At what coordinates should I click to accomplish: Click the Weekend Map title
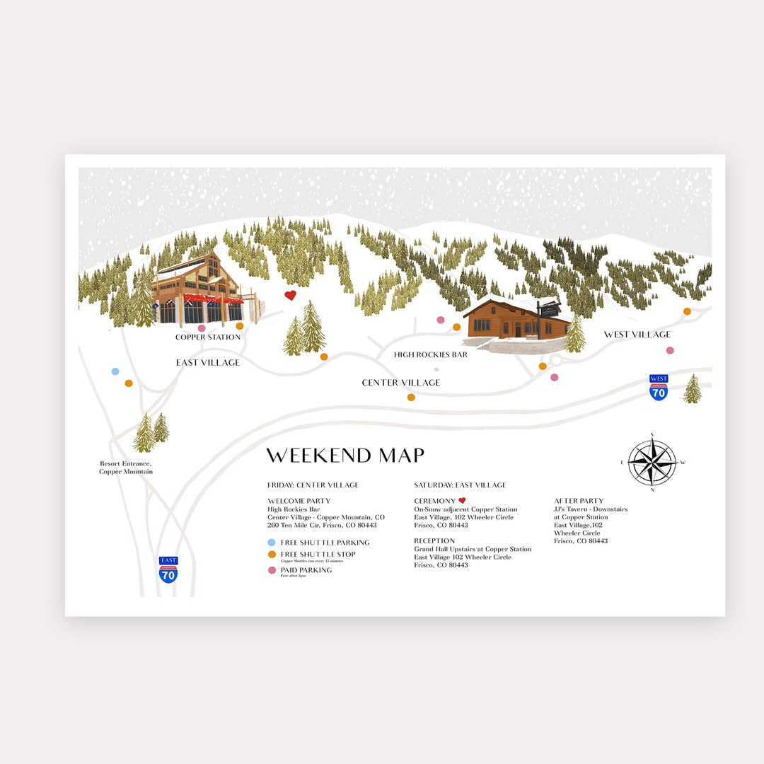point(345,456)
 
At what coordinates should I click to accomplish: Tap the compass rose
point(652,462)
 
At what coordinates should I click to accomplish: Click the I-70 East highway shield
point(168,569)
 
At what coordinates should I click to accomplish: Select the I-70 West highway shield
point(659,388)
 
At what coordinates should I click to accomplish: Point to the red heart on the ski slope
point(290,296)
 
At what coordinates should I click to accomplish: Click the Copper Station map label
point(208,337)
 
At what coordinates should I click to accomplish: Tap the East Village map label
point(208,363)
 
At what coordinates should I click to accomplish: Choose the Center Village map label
point(400,383)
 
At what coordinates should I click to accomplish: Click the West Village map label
point(637,335)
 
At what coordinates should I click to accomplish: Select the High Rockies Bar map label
point(431,355)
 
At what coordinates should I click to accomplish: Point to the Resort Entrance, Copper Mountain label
point(126,468)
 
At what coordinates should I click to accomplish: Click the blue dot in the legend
point(272,543)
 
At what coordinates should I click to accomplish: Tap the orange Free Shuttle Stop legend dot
point(272,555)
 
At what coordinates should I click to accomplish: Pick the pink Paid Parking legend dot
point(272,570)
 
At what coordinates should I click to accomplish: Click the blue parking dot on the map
point(115,371)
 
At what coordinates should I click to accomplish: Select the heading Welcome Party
point(299,501)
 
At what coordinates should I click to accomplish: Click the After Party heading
point(579,501)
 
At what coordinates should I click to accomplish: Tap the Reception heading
point(434,541)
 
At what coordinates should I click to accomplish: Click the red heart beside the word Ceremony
point(462,501)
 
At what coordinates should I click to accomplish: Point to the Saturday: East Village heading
point(460,485)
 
